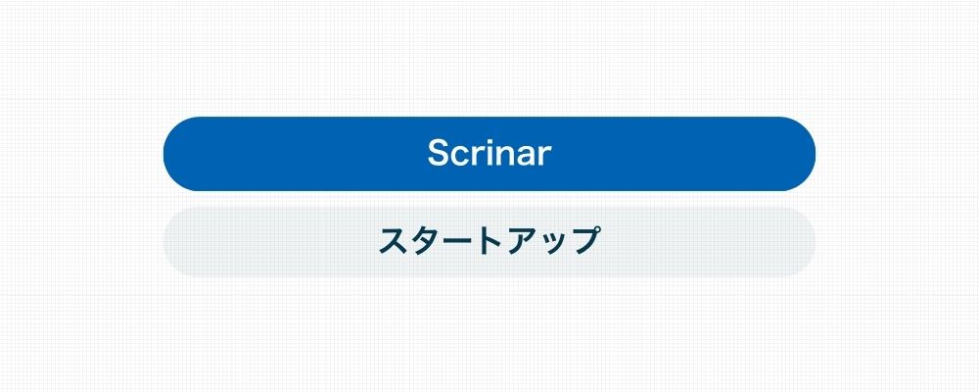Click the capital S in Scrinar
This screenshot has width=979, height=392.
[440, 153]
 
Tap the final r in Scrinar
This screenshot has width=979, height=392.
[546, 156]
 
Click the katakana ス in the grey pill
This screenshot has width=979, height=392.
[394, 241]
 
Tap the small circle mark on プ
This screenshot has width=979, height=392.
[594, 230]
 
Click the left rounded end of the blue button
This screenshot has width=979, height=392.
[182, 154]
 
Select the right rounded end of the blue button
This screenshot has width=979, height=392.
[797, 154]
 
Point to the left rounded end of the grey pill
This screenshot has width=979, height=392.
[181, 242]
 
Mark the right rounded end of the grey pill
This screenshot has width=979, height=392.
[798, 242]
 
